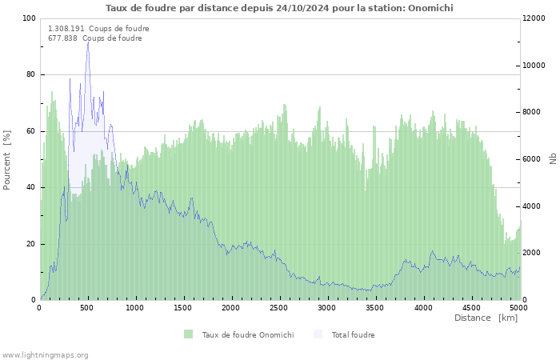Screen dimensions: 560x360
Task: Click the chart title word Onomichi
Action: click(x=430, y=8)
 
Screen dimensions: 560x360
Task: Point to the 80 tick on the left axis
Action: click(x=31, y=74)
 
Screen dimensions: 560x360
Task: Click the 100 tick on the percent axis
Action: click(x=29, y=18)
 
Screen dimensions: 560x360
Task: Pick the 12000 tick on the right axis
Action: click(x=534, y=18)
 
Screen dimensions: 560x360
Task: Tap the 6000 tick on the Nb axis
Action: click(x=532, y=159)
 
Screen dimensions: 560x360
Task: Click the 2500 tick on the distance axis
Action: click(x=278, y=308)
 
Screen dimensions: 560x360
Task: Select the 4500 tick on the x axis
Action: click(x=471, y=308)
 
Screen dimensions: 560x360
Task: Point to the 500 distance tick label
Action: click(x=87, y=308)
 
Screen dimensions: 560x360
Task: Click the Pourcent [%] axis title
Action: click(x=7, y=160)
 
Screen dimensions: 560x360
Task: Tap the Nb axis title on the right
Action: click(x=553, y=158)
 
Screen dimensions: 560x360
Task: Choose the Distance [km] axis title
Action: click(x=486, y=318)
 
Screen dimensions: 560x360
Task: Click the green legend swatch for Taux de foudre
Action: click(x=188, y=334)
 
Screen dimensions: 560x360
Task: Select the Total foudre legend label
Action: click(x=354, y=335)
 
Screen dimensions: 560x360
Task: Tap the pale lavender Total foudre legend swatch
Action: click(x=318, y=334)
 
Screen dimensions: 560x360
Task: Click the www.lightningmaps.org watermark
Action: click(x=45, y=355)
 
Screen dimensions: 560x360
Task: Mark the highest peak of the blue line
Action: click(x=88, y=42)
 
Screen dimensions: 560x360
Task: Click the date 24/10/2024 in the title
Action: click(x=302, y=8)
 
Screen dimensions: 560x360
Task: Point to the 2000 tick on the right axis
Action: click(x=532, y=253)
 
